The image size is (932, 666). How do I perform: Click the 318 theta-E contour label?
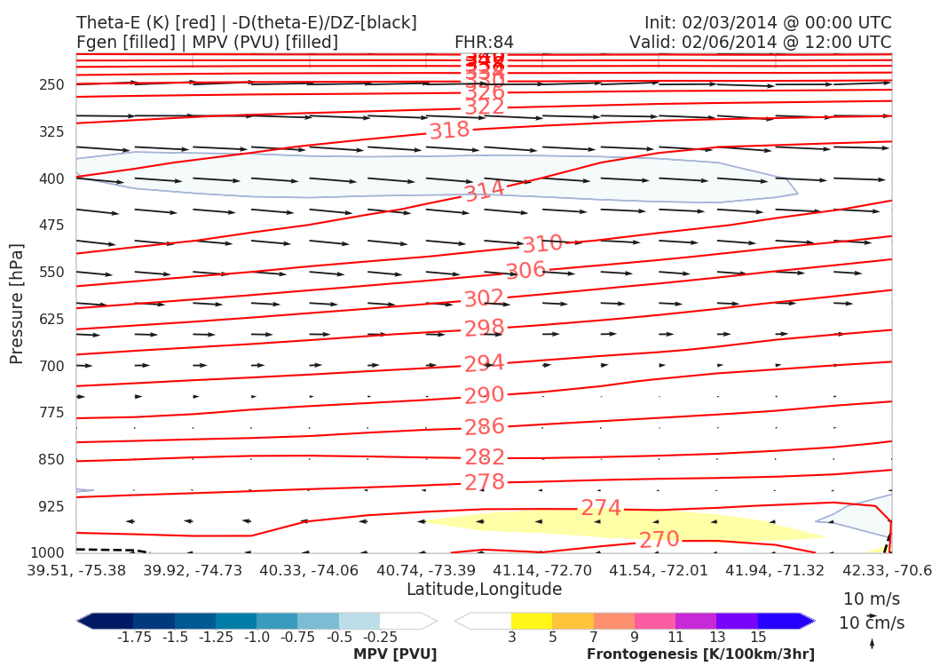[449, 131]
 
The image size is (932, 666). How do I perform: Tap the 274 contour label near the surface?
[601, 508]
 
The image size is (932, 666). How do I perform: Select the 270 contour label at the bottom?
[660, 539]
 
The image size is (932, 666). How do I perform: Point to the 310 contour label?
[542, 244]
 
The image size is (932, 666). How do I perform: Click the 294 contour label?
[484, 364]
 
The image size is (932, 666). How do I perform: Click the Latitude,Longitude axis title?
[484, 590]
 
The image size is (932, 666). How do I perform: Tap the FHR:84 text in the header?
[484, 43]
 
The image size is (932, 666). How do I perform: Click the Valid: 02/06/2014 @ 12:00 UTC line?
[760, 43]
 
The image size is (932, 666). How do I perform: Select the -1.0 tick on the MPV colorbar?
[257, 637]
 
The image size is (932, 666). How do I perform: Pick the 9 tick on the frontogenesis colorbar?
[634, 637]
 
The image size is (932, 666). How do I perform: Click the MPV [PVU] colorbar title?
[395, 654]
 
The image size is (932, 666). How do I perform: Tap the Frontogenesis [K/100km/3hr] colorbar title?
[700, 654]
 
